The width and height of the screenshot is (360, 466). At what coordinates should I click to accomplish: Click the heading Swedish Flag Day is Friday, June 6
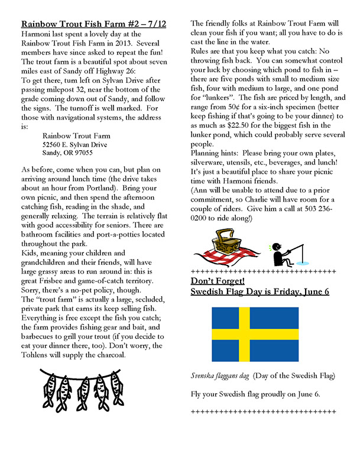pyautogui.click(x=260, y=292)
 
